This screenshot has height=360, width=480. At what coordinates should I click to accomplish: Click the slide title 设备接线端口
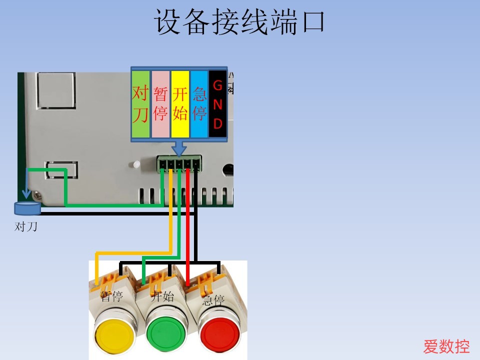tap(239, 22)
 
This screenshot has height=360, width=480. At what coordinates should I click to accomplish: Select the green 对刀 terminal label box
tap(140, 104)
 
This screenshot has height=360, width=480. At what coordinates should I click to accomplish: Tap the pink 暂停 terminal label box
tap(160, 104)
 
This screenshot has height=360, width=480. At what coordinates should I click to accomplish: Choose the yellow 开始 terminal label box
tap(180, 104)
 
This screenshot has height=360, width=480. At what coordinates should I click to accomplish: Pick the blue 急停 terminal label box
tap(199, 104)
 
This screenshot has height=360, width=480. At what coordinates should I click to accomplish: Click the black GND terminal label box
tap(218, 104)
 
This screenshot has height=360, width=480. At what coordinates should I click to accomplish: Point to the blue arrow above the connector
tap(179, 147)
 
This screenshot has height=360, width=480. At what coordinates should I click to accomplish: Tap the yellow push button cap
tap(114, 334)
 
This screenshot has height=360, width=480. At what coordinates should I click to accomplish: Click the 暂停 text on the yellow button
tap(111, 297)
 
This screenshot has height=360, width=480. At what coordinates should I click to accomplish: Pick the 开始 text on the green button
tap(162, 296)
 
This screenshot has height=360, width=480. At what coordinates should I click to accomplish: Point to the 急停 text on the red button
tap(213, 300)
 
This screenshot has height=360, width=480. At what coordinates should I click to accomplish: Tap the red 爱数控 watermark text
tap(446, 346)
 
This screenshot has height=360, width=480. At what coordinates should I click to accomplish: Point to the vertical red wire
tap(188, 225)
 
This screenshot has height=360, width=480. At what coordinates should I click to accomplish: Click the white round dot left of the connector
tap(136, 164)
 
